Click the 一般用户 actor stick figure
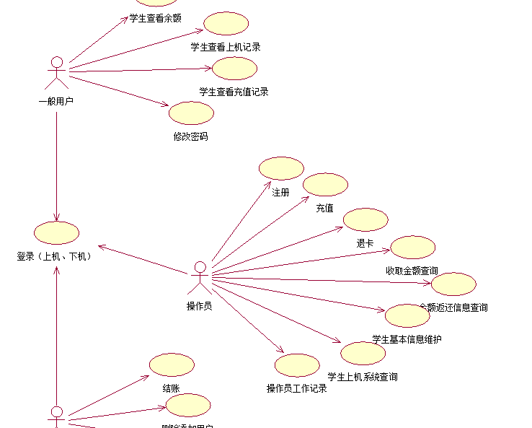[x=57, y=74]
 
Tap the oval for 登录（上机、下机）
[x=56, y=232]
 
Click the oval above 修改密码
[x=191, y=113]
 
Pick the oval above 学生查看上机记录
[x=226, y=24]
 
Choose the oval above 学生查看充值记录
[x=234, y=69]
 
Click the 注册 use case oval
[x=281, y=169]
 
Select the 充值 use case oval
[x=325, y=185]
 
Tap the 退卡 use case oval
[x=365, y=219]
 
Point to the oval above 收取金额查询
[x=412, y=248]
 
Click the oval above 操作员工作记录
[x=297, y=365]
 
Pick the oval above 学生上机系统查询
[x=363, y=354]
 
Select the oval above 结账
[x=172, y=364]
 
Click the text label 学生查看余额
[x=155, y=18]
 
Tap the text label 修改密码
[x=191, y=136]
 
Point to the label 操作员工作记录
[x=297, y=388]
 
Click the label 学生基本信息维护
[x=407, y=339]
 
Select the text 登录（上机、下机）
[x=55, y=256]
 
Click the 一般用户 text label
[x=56, y=101]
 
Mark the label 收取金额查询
[x=412, y=271]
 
